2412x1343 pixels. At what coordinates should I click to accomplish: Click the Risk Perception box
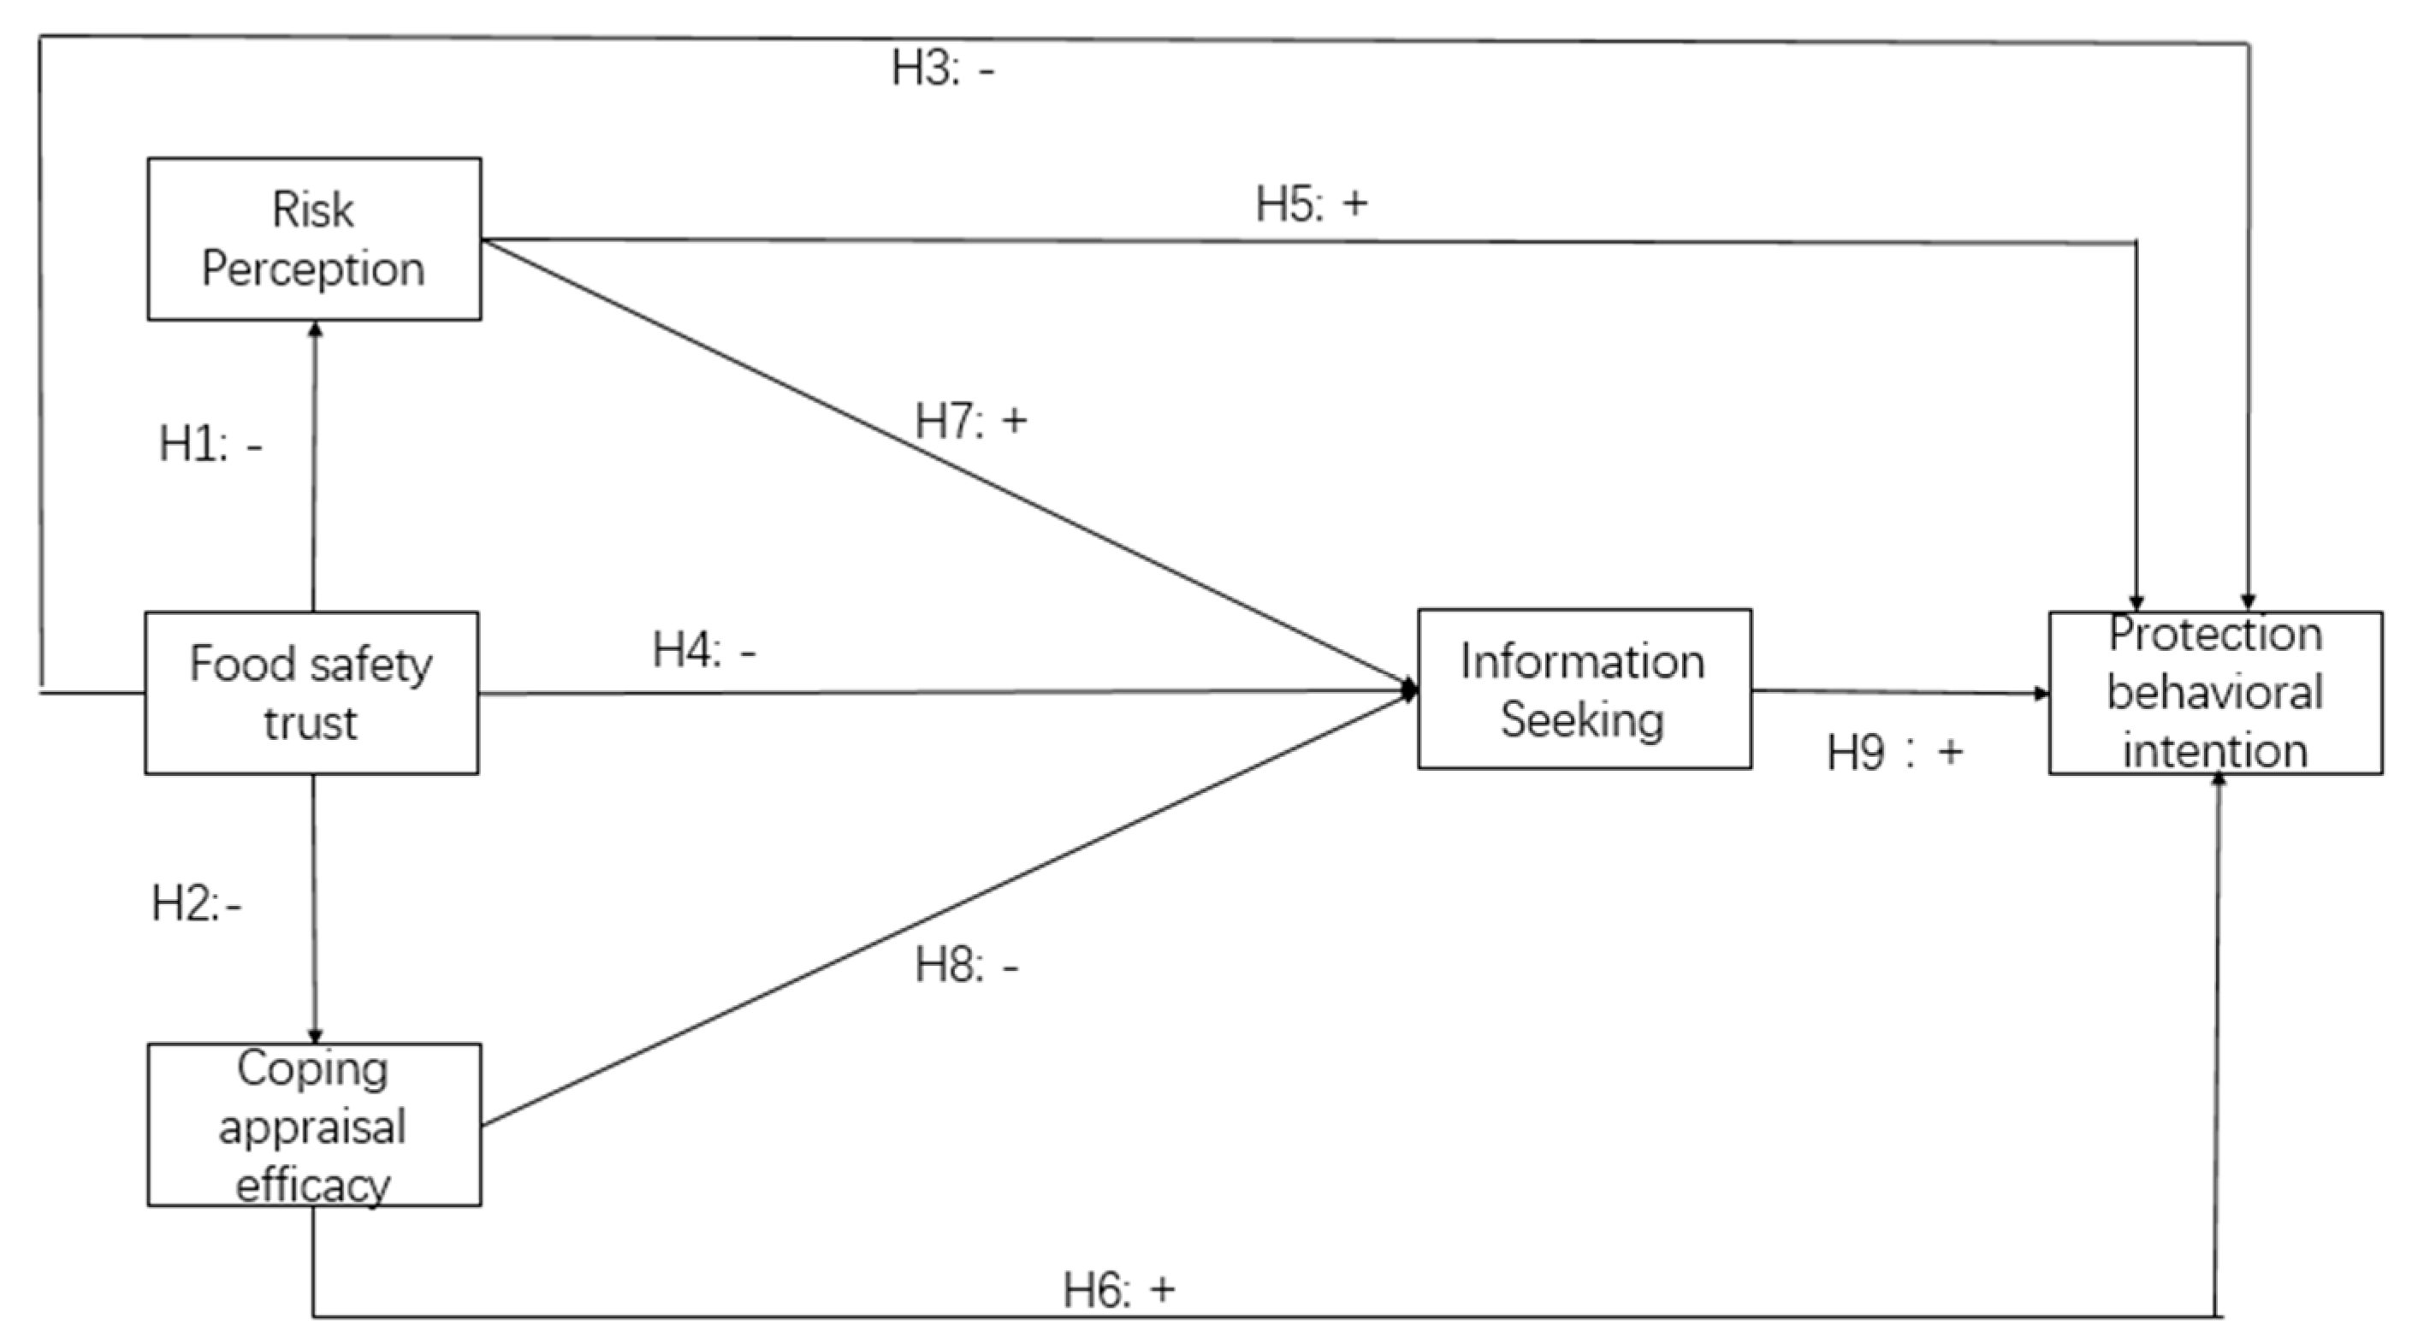314,239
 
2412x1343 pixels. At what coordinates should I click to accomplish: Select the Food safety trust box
311,693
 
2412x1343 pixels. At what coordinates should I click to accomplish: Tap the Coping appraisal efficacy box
314,1124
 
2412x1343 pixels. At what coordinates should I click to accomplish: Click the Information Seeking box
1584,689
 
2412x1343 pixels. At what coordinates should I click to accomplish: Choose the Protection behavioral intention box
2214,693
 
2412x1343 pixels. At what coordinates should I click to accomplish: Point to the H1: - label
210,444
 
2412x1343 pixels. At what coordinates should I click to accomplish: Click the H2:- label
197,904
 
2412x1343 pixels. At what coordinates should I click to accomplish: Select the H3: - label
942,68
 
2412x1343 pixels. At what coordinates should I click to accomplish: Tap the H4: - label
704,649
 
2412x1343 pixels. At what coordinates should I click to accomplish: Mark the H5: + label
1311,204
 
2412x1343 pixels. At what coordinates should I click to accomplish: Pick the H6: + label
1118,1290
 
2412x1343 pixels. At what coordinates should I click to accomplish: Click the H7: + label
970,420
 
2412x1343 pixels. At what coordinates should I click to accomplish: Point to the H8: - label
966,965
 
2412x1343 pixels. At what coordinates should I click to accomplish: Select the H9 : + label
1894,753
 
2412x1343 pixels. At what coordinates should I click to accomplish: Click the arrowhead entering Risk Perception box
315,329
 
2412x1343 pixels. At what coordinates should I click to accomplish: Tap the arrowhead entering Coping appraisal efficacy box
315,1035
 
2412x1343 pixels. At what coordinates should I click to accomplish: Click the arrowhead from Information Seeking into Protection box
2042,694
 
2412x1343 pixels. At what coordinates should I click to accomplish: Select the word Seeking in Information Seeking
1582,719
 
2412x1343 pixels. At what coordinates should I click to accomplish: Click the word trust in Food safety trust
310,724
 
